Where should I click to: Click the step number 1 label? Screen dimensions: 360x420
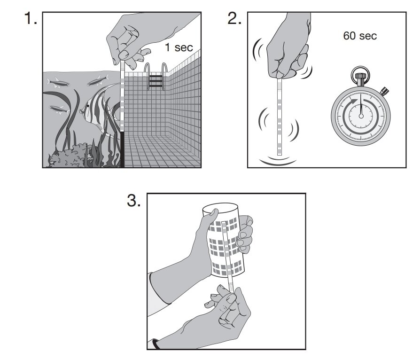[31, 19]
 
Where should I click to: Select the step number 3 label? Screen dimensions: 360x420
[134, 201]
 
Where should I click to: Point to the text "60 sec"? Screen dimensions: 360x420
[360, 36]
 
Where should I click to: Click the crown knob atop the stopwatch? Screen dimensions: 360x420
[361, 77]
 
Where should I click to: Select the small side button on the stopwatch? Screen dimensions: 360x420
[384, 89]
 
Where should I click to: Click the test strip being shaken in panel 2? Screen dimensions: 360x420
[280, 117]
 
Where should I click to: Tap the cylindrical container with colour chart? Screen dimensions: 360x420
[224, 240]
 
